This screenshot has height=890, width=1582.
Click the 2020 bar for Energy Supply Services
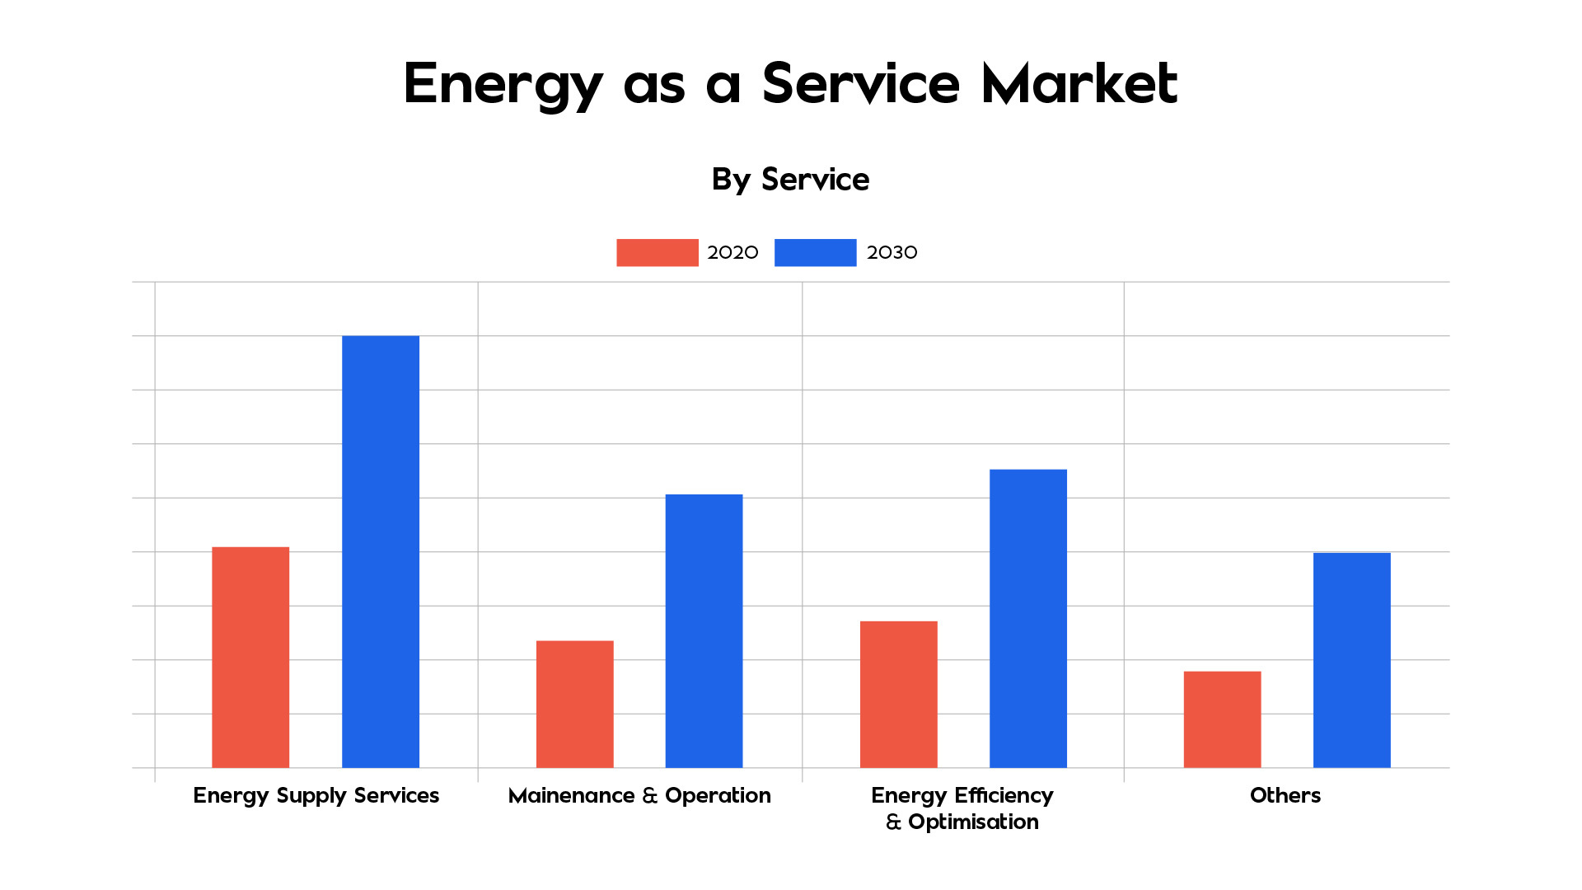click(250, 657)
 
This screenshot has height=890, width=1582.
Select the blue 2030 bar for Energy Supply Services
click(381, 551)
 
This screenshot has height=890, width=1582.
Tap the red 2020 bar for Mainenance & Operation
click(574, 704)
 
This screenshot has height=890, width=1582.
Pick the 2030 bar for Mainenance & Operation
click(704, 630)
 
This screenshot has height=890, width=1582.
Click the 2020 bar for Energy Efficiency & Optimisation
click(898, 694)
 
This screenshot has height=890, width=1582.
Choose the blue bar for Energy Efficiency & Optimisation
click(1027, 618)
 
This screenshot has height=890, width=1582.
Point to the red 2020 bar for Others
click(1222, 719)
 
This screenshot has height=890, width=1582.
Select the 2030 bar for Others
click(1351, 660)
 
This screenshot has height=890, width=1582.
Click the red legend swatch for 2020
click(657, 252)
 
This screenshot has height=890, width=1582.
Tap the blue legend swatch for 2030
click(815, 252)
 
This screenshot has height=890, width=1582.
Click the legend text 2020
click(732, 252)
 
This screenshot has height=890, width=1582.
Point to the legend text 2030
click(892, 252)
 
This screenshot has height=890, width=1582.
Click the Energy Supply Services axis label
click(316, 795)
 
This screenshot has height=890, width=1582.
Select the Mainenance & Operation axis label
click(639, 795)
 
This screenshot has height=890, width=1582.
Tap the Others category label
click(1285, 795)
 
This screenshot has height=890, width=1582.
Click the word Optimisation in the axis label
click(973, 822)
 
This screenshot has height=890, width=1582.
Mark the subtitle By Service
click(790, 180)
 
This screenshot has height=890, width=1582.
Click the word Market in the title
click(1079, 83)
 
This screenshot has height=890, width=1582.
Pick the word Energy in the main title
click(503, 85)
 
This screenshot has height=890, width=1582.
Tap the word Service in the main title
click(860, 83)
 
